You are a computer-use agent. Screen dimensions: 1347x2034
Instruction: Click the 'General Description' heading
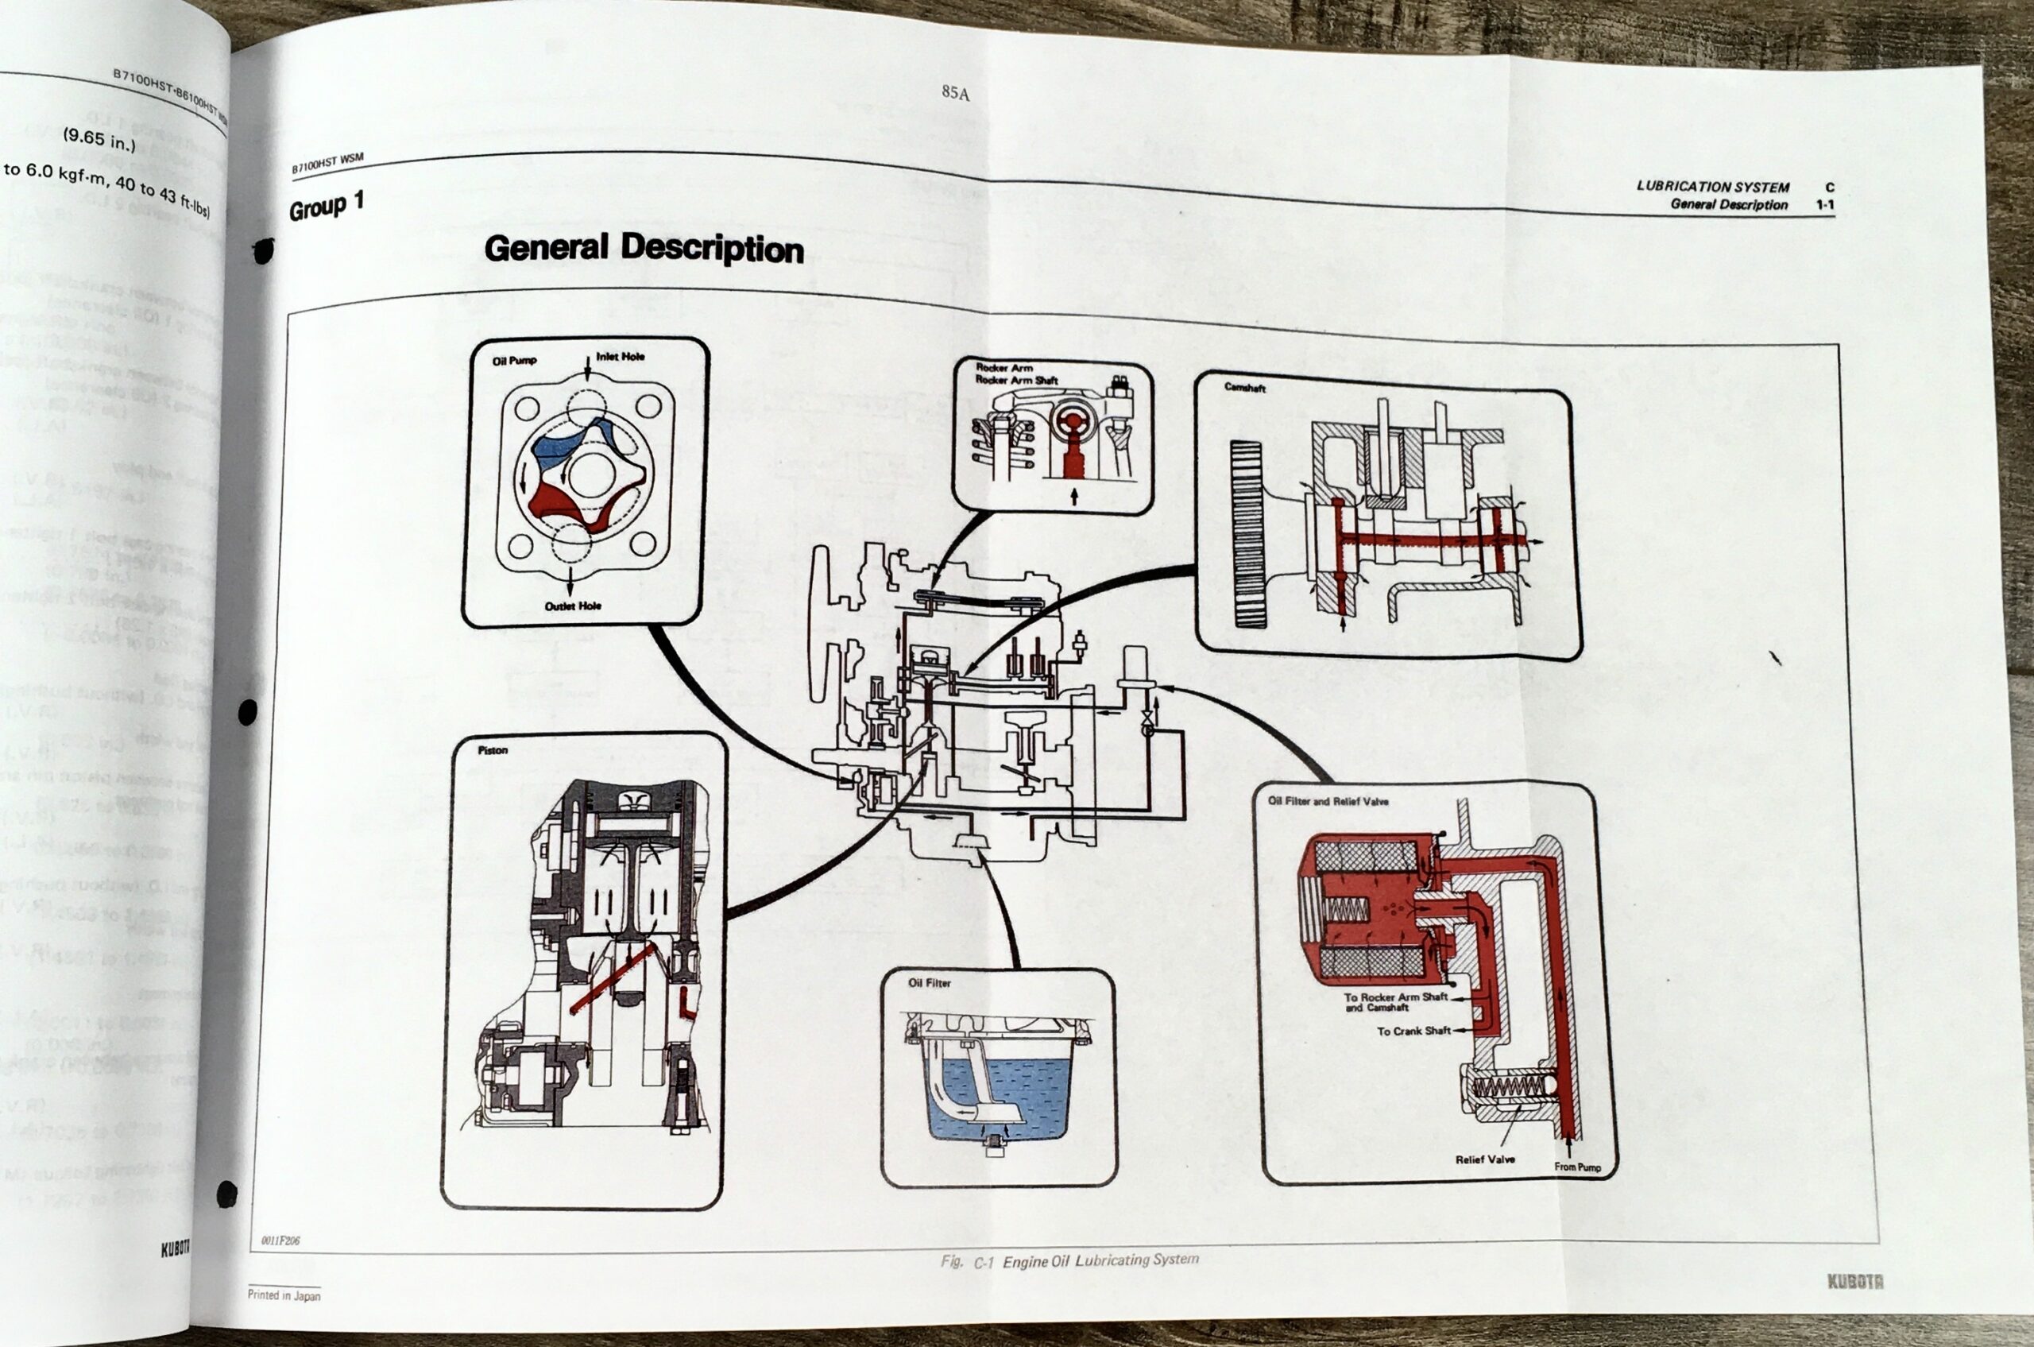click(644, 248)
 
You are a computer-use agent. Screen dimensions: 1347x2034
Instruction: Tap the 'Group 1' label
click(327, 206)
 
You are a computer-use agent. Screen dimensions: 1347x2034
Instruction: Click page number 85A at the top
click(955, 93)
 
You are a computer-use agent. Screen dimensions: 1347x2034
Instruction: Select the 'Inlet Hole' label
click(621, 357)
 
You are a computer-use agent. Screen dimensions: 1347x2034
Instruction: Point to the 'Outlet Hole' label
click(573, 606)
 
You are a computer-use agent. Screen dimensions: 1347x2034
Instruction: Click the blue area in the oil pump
click(559, 447)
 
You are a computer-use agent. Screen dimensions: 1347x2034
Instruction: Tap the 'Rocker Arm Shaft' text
click(1016, 380)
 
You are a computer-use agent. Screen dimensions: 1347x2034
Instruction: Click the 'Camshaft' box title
click(1244, 388)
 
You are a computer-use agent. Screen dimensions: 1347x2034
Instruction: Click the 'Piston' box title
click(492, 750)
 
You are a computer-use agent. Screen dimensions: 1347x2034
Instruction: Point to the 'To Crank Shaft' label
click(1413, 1031)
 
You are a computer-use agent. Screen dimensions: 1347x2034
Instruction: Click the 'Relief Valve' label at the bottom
click(1484, 1159)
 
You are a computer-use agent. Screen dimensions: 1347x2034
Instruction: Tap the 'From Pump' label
click(1577, 1167)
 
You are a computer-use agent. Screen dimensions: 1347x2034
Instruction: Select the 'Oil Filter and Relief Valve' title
click(1328, 800)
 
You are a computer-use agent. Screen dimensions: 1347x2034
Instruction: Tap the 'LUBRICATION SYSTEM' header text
click(1712, 187)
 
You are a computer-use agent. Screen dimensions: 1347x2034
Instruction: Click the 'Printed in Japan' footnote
click(284, 1295)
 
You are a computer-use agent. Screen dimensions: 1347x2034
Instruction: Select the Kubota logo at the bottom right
click(1854, 1282)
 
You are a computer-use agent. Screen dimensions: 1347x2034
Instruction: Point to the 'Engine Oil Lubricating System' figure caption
click(1100, 1260)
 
